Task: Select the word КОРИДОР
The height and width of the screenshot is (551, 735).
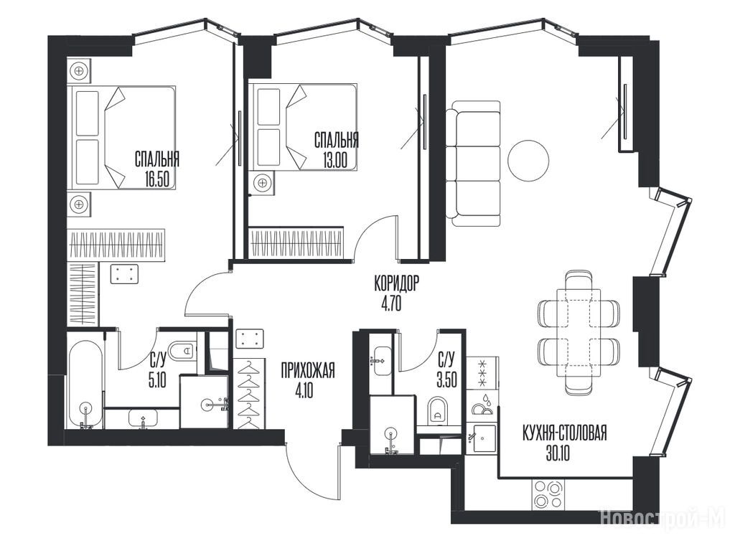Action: tap(396, 283)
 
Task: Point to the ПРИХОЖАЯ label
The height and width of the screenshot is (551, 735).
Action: tap(307, 371)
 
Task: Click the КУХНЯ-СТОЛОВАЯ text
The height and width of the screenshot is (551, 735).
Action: tap(564, 433)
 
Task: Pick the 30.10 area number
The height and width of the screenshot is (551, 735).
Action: tap(558, 453)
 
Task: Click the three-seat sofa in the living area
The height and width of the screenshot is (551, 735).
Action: tap(473, 164)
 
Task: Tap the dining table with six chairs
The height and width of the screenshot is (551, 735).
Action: tap(579, 333)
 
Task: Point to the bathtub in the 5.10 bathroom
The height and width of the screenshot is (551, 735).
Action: tap(85, 384)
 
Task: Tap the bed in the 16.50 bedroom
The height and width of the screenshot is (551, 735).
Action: tap(121, 138)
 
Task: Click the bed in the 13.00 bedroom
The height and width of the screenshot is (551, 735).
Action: tap(303, 126)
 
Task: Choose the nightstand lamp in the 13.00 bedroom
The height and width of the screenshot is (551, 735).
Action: tap(263, 182)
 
